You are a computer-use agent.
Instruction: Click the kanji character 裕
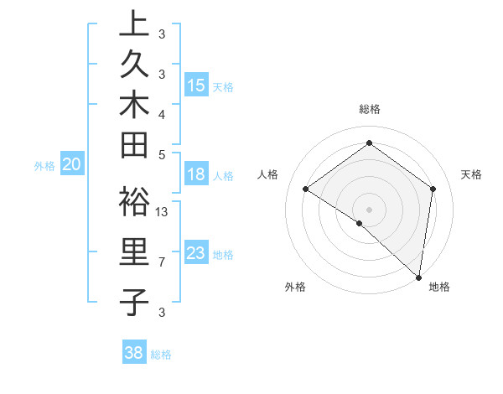[134, 205]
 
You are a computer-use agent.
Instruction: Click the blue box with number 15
[196, 86]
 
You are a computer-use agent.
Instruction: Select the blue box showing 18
[196, 175]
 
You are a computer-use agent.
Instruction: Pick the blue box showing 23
[196, 253]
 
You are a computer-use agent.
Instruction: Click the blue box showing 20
[71, 165]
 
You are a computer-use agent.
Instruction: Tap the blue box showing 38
[133, 353]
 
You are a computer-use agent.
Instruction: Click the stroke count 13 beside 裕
[163, 212]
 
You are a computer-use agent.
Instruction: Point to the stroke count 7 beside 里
[162, 262]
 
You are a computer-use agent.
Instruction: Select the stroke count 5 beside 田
[162, 153]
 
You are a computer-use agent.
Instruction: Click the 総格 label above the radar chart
[370, 109]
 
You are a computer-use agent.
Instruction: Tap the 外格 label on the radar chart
[295, 288]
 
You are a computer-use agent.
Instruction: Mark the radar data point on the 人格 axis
[306, 189]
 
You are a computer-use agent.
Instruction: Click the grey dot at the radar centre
[369, 208]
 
